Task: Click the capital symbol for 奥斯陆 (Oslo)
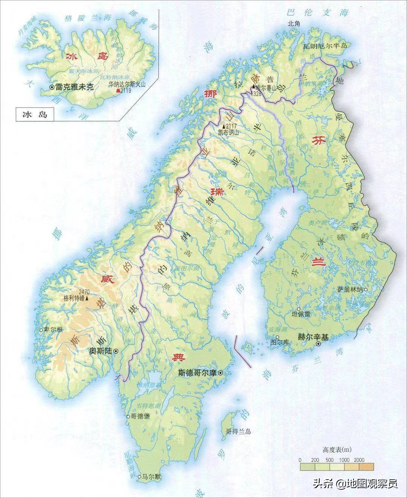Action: pos(116,351)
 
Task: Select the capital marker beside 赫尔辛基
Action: pos(318,344)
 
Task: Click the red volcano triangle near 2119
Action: pos(118,91)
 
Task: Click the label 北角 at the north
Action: pos(294,23)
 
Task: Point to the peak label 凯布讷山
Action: pos(229,132)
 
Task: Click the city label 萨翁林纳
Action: pos(350,289)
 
